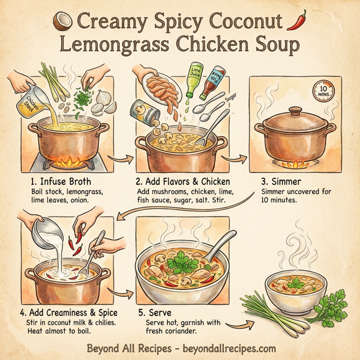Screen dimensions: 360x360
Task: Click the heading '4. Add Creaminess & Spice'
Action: click(68, 313)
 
